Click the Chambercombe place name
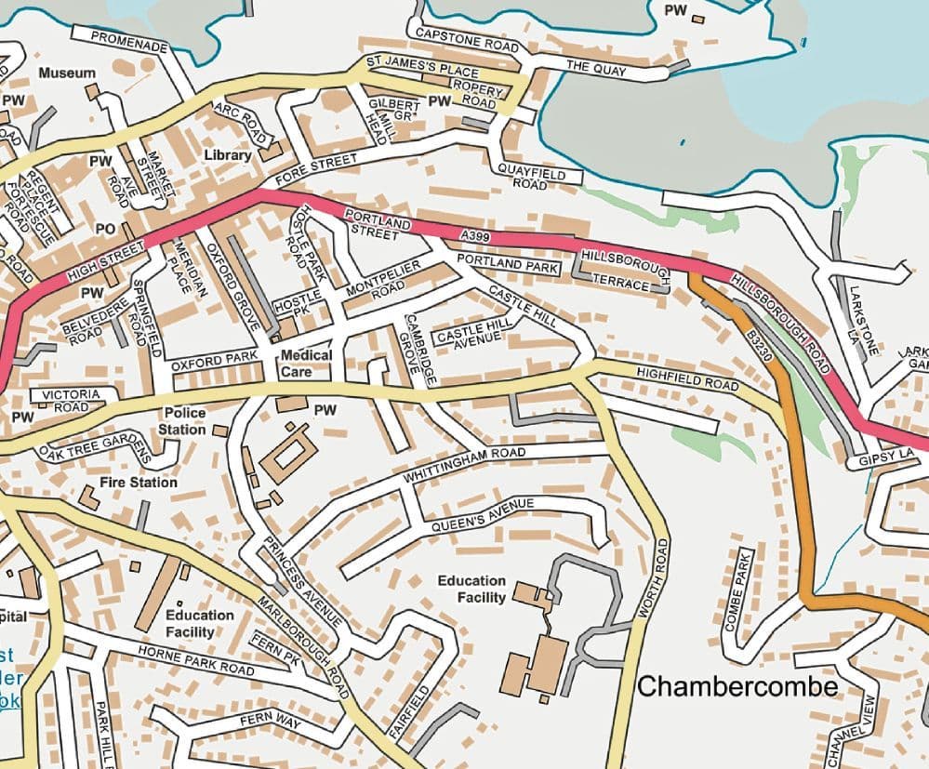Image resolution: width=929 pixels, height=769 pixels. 737,686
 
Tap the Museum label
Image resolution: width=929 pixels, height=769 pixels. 67,73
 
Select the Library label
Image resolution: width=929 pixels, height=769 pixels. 227,155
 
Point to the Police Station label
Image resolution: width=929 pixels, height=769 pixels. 182,421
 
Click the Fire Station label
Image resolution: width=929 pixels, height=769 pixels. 139,483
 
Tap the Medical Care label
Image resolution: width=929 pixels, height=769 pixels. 306,363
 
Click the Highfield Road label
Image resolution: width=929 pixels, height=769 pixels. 687,378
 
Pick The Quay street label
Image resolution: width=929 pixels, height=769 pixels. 597,68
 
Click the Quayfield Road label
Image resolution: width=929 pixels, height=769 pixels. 529,177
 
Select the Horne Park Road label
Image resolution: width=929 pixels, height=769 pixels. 195,659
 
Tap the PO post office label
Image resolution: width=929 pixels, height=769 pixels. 104,228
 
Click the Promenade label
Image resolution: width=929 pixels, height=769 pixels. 130,42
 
